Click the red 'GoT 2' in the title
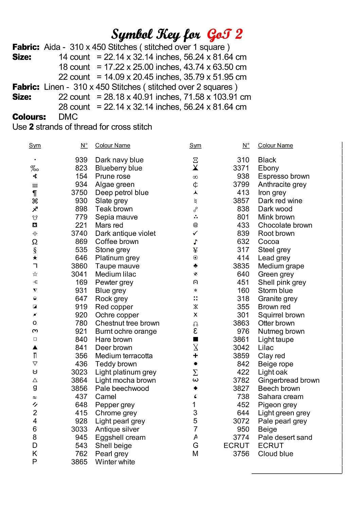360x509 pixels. coord(224,35)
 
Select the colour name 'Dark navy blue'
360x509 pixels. coord(119,160)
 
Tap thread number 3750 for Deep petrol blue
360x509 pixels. coord(79,192)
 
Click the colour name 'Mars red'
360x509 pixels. coord(109,225)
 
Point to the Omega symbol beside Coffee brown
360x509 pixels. coord(35,242)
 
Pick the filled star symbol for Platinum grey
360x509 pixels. coord(35,258)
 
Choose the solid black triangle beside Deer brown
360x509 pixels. coord(35,347)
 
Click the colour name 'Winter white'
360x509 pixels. coord(115,462)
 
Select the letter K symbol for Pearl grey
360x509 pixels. coord(35,454)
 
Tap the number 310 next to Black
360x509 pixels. coord(243,160)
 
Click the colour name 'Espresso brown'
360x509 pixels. coord(284,176)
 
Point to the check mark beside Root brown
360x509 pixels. coord(195,233)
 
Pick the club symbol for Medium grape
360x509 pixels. coord(195,266)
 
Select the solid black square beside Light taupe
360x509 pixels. coord(195,339)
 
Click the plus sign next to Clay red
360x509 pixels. coord(195,356)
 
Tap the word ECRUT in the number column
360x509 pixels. coord(236,446)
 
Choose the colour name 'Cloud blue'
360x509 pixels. coord(275,454)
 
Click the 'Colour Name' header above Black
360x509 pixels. coord(275,146)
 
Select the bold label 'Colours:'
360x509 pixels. coord(29,117)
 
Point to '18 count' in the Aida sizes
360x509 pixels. coord(74,67)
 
